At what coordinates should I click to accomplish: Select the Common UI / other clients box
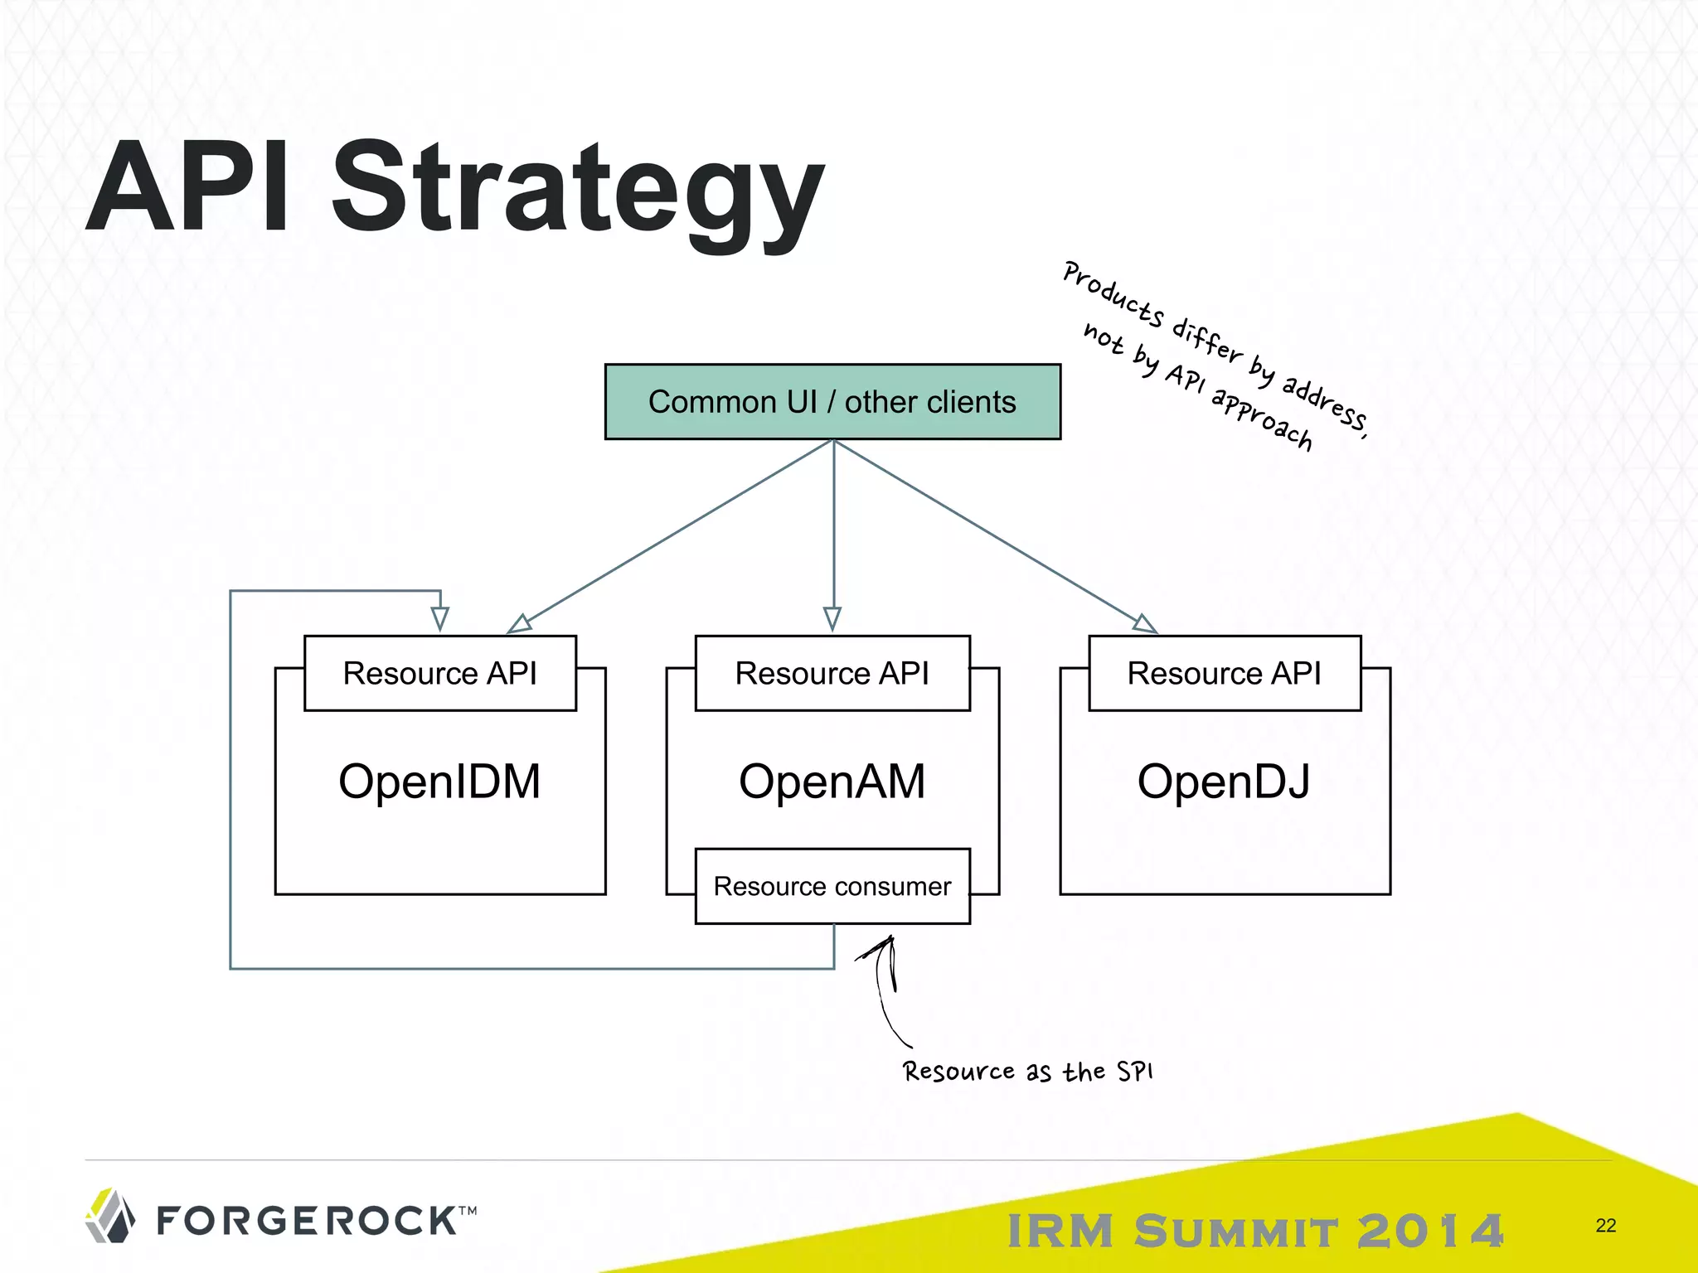click(832, 402)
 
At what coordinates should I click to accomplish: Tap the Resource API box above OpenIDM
click(440, 673)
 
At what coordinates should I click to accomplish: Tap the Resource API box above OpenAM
click(832, 673)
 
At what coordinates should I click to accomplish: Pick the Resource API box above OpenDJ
click(1225, 673)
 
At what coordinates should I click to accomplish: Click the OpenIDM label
click(439, 782)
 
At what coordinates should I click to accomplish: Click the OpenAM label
click(832, 782)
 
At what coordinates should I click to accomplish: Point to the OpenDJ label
click(1224, 782)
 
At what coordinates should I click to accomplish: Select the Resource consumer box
click(832, 886)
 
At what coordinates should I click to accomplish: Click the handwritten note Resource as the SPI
click(1027, 1072)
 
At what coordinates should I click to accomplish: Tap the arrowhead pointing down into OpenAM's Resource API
click(832, 619)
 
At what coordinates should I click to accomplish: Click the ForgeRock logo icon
click(110, 1217)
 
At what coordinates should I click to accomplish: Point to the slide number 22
click(1605, 1225)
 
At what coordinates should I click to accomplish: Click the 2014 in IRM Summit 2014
click(1429, 1231)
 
